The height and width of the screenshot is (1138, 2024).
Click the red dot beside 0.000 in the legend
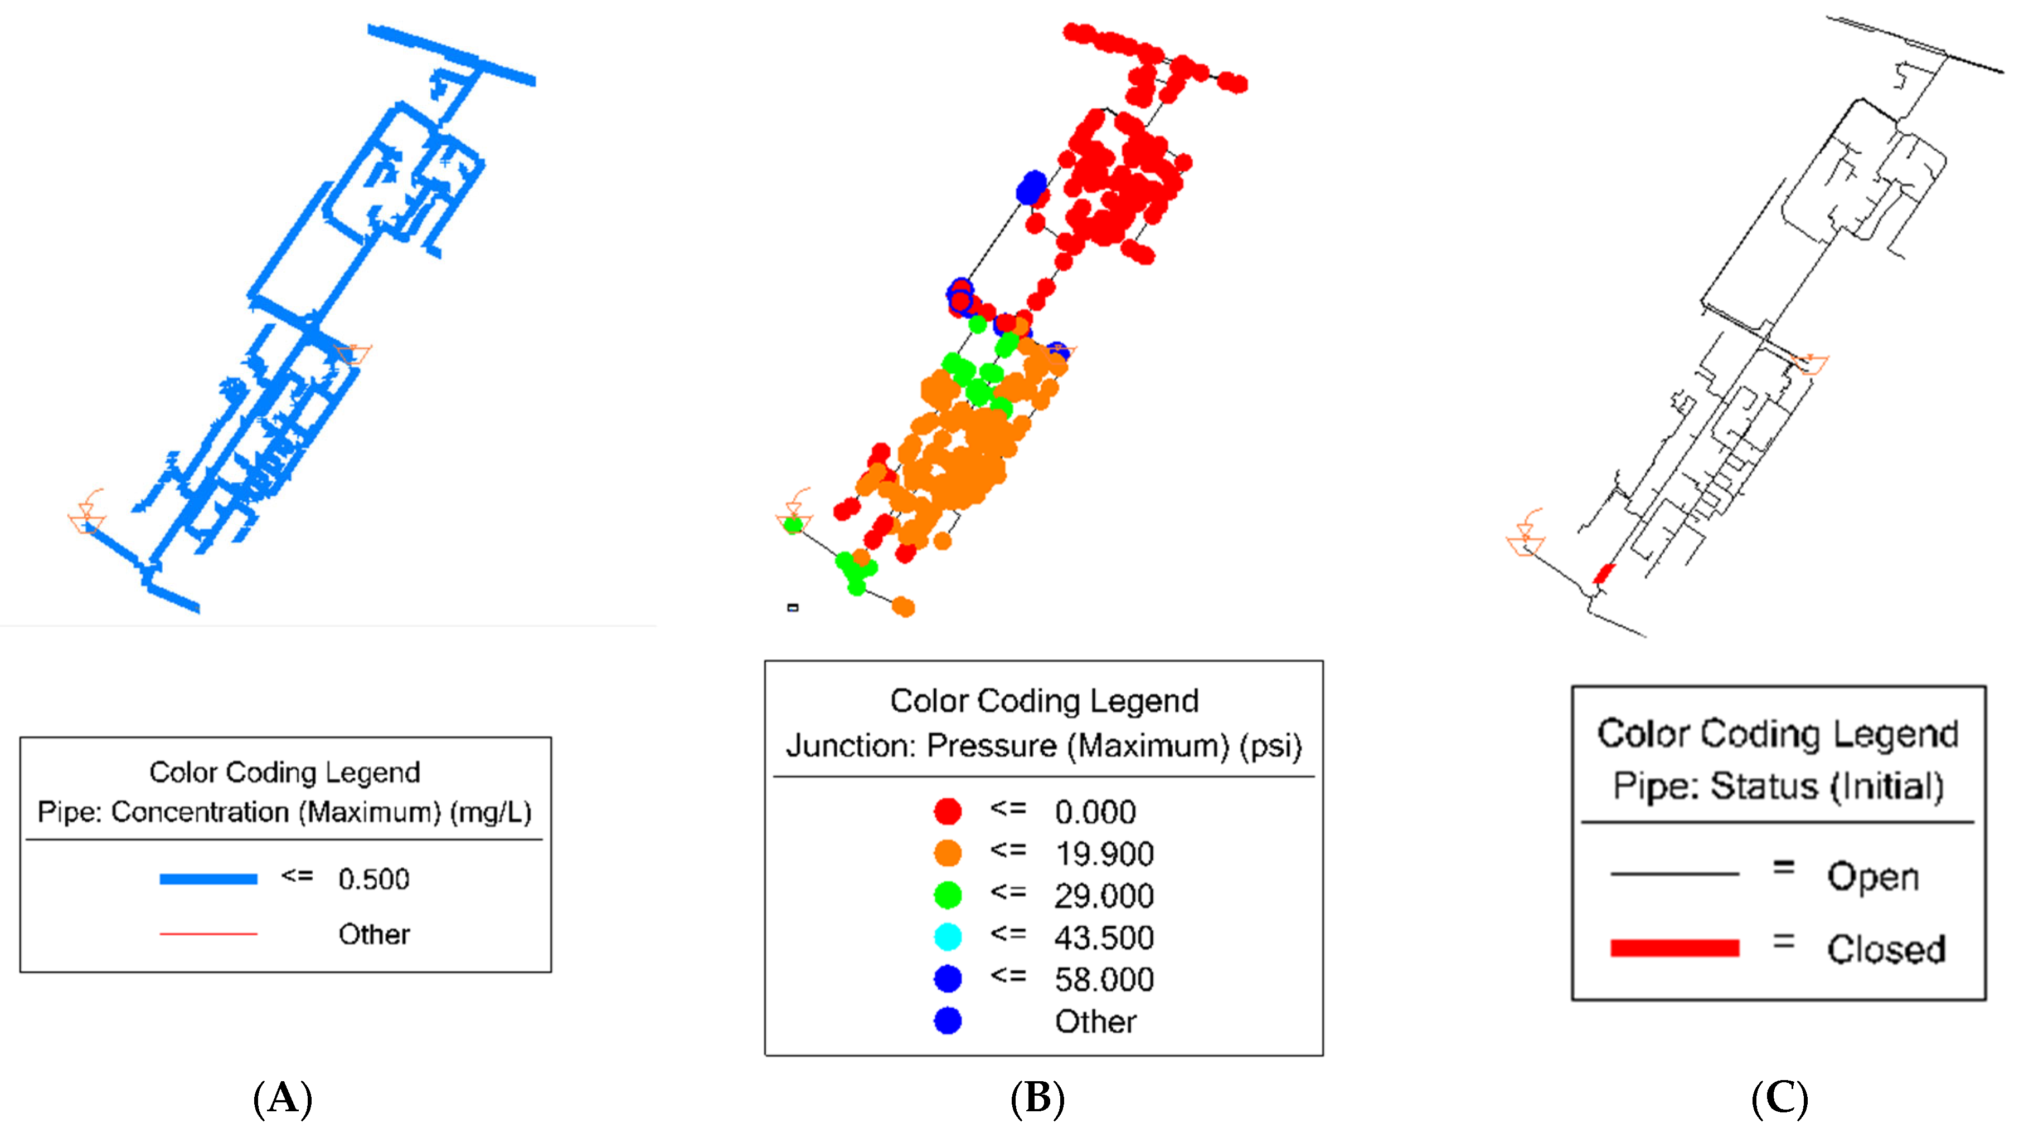948,811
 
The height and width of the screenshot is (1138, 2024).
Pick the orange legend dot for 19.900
948,853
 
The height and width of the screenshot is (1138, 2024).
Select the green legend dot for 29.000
948,895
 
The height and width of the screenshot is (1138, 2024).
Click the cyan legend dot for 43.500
948,936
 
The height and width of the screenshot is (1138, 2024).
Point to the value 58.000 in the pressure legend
1104,979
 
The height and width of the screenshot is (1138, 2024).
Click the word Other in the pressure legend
1095,1022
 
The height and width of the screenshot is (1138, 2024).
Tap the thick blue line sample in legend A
208,879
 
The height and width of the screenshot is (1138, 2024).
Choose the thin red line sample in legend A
208,934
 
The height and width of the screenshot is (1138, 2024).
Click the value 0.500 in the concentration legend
374,879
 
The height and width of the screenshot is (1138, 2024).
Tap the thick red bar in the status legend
1674,948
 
